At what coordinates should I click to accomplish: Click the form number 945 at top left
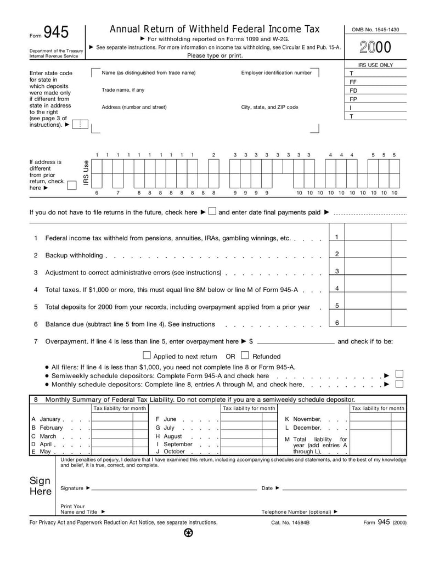(x=56, y=33)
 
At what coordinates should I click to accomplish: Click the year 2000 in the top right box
(x=375, y=48)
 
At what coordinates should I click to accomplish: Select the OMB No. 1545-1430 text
(x=375, y=29)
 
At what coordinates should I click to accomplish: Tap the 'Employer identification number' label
(x=276, y=72)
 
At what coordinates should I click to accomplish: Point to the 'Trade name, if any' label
(x=123, y=90)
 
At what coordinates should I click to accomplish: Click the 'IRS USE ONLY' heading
(x=375, y=65)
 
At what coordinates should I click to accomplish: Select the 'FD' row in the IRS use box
(x=354, y=91)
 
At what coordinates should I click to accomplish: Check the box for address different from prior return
(x=71, y=185)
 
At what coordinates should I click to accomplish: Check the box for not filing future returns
(x=212, y=212)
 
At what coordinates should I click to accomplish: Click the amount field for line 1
(x=368, y=237)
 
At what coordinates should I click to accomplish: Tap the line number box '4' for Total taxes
(x=336, y=289)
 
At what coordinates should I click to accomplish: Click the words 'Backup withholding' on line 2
(x=74, y=255)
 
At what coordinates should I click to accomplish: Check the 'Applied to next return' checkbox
(x=147, y=356)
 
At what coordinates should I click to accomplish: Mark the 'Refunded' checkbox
(x=245, y=356)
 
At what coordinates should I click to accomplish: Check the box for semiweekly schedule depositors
(x=399, y=374)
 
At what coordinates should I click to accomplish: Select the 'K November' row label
(x=303, y=419)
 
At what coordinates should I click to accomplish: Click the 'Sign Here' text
(x=40, y=486)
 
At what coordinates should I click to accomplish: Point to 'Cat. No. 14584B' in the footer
(x=290, y=522)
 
